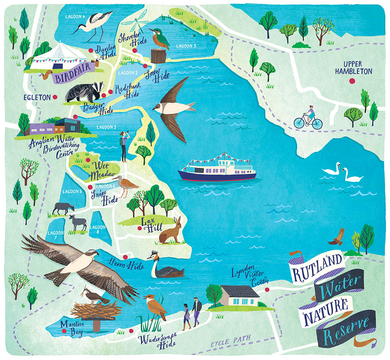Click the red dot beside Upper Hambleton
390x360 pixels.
[x=353, y=81]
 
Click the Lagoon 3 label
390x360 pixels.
[x=186, y=46]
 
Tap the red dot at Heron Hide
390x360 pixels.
[x=125, y=257]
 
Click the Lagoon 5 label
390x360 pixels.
[x=72, y=191]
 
